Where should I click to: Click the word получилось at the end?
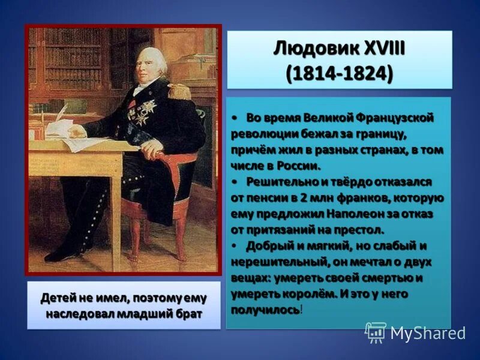click(x=265, y=310)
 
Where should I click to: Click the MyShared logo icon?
click(x=376, y=332)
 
